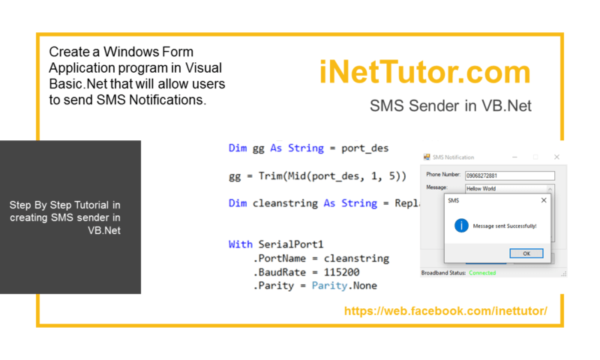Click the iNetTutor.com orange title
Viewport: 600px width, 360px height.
coord(424,73)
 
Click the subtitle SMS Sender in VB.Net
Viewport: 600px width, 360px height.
coord(451,106)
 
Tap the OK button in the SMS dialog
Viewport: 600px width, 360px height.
coord(526,253)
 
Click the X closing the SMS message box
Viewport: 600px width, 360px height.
coord(544,200)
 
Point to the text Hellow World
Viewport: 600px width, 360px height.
coord(481,189)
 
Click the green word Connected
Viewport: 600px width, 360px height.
coord(482,273)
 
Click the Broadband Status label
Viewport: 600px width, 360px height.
coord(444,273)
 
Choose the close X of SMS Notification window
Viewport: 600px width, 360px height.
coord(556,157)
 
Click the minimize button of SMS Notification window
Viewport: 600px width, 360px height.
coord(515,157)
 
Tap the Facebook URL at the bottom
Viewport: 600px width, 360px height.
coord(445,310)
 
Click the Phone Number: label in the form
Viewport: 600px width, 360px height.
coord(443,175)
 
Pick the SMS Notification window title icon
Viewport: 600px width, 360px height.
coord(427,157)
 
